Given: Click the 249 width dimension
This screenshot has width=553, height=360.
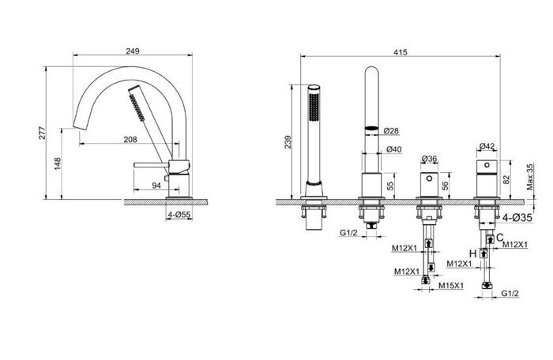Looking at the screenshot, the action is (133, 51).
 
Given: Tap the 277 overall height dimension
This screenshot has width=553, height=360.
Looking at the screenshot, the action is (43, 133).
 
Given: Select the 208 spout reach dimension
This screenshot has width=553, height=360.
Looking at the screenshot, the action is (130, 140).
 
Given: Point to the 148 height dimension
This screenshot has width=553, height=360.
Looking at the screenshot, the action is (58, 164).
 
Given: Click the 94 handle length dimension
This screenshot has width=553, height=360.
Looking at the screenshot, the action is (156, 186).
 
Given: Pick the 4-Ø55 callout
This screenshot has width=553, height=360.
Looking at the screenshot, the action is (179, 215).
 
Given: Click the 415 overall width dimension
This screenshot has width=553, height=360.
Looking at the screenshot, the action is (401, 53).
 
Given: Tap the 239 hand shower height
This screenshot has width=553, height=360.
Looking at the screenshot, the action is (288, 142).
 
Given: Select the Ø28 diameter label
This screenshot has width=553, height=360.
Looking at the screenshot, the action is (391, 131).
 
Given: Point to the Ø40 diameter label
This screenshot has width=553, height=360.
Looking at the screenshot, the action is (393, 149).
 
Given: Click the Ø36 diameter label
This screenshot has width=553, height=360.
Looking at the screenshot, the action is (429, 159).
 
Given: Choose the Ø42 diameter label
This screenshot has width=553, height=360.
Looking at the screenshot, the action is (487, 146).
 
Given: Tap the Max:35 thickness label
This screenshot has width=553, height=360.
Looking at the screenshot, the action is (530, 177).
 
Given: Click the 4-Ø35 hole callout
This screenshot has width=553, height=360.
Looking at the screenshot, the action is (517, 218).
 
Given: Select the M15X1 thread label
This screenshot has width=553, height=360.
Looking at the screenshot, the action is (451, 286).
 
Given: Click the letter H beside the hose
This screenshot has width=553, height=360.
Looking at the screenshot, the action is (473, 254).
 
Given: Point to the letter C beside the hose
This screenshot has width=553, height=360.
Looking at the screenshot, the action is (500, 238).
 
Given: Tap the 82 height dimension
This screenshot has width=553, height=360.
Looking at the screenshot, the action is (507, 180).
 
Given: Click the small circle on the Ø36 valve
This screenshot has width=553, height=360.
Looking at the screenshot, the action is (429, 178).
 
